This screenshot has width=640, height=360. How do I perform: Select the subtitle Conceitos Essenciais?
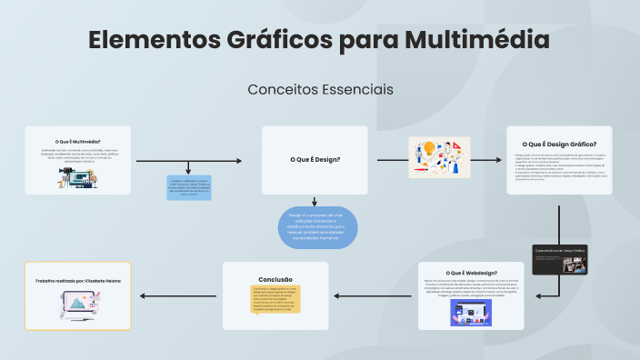320,90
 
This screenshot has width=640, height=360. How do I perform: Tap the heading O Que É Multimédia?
77,142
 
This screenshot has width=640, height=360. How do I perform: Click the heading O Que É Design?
315,160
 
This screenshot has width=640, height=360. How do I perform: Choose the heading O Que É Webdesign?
471,273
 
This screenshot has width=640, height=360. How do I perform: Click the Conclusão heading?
275,279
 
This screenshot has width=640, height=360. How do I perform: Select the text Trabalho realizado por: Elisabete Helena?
77,281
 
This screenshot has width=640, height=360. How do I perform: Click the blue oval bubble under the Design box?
317,228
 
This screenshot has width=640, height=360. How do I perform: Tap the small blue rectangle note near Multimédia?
189,187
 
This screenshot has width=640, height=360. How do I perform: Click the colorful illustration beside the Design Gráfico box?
441,158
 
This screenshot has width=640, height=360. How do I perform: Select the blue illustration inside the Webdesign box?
471,314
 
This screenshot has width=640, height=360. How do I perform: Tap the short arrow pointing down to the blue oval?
315,201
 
